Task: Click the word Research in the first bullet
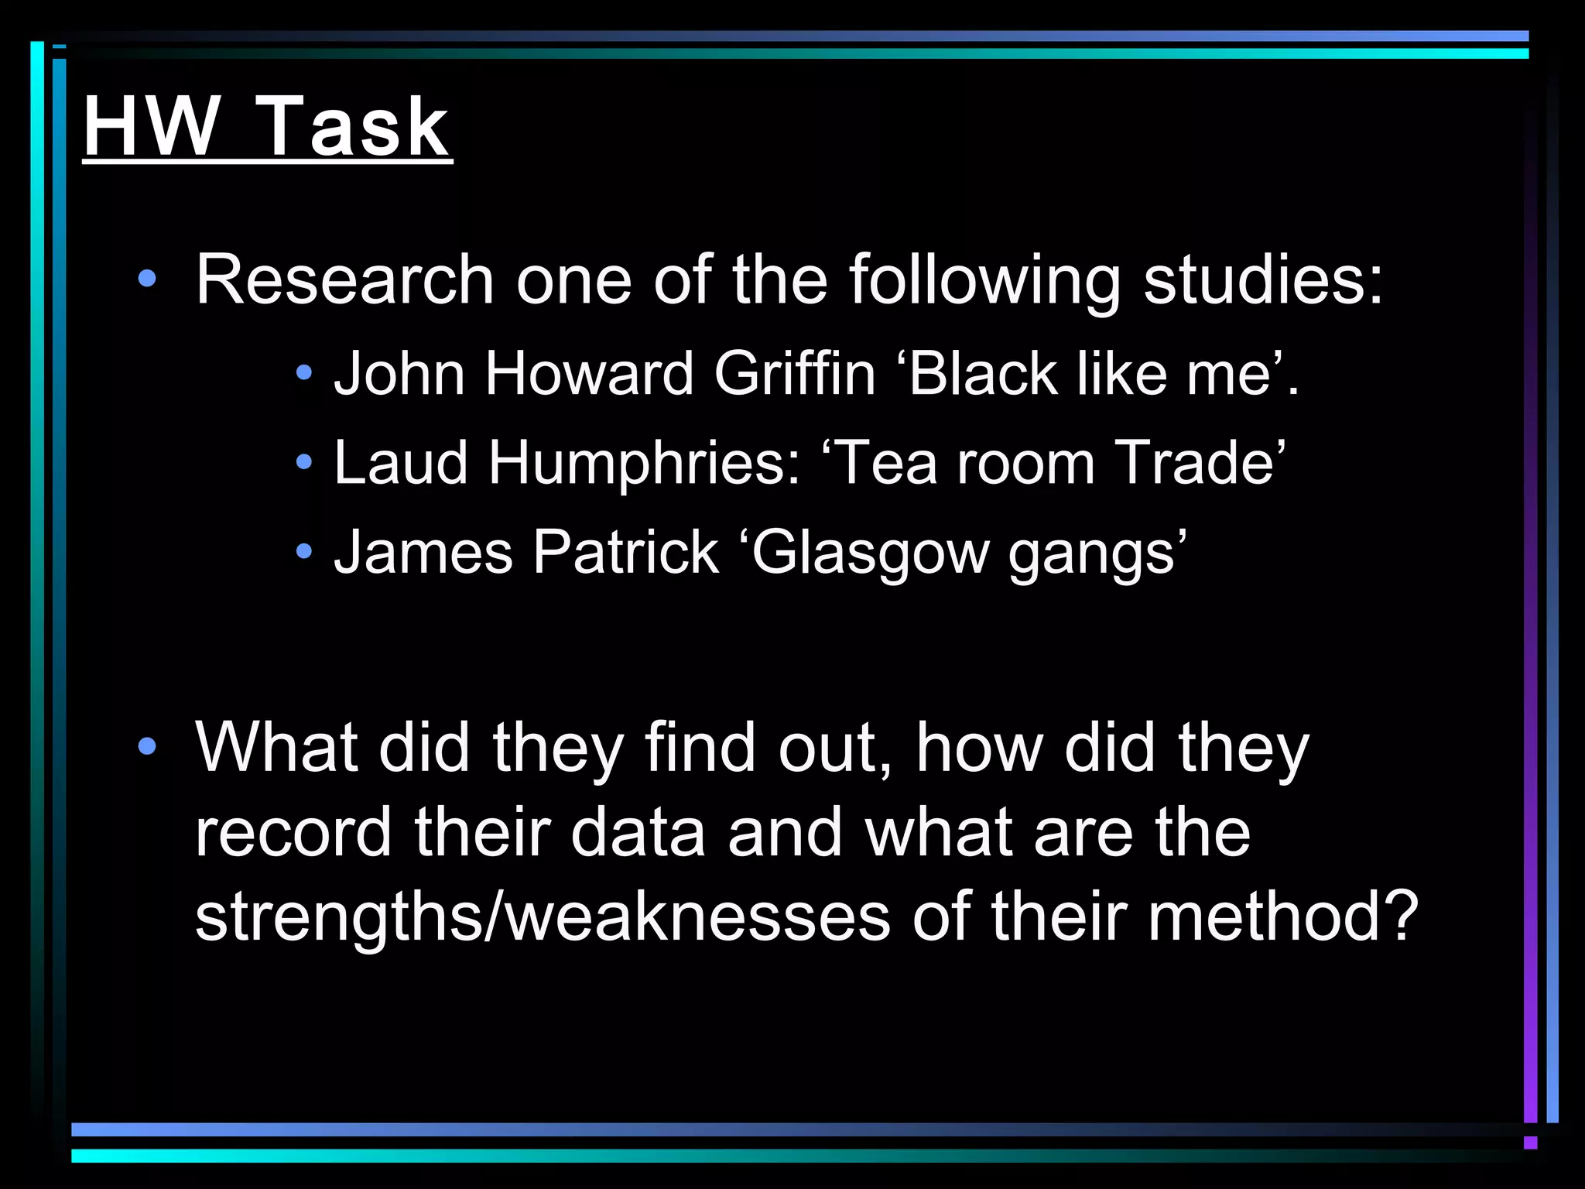[344, 279]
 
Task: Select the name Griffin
[794, 374]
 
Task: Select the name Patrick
[625, 553]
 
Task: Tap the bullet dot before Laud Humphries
[304, 463]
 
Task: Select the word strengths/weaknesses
[542, 917]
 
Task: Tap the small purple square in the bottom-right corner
[1530, 1143]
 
